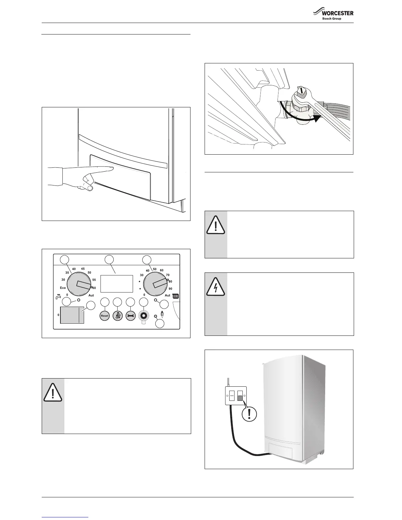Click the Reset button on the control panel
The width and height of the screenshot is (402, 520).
click(104, 316)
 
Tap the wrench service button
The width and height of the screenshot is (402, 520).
click(131, 316)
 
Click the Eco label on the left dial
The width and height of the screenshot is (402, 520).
click(63, 288)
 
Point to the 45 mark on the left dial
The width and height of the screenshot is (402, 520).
click(83, 269)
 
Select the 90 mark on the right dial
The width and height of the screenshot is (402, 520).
click(170, 289)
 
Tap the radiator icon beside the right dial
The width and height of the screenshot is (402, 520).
click(176, 296)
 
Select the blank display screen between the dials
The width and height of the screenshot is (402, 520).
click(117, 284)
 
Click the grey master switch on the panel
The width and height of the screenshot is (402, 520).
click(72, 315)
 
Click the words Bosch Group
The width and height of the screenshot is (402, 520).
click(332, 19)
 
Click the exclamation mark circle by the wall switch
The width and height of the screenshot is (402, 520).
click(250, 414)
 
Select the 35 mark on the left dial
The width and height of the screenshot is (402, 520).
click(67, 273)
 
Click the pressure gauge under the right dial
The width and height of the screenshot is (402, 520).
click(144, 316)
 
